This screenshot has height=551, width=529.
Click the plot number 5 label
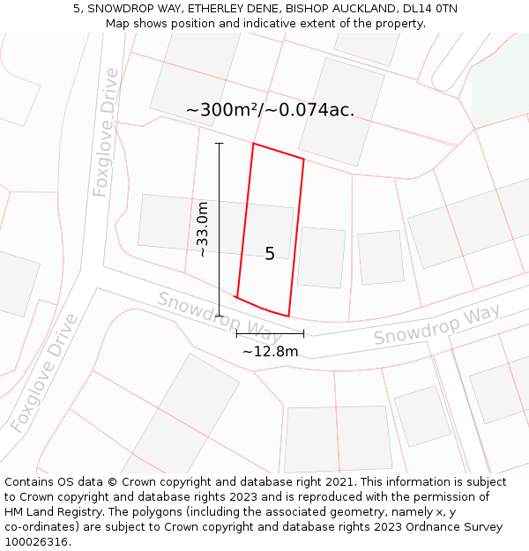point(270,254)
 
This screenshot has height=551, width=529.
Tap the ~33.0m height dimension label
point(203,229)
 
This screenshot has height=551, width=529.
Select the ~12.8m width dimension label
point(270,351)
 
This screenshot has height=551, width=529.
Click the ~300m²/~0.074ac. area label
point(270,110)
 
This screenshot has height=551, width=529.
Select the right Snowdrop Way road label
point(436,324)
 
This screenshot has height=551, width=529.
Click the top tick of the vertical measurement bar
point(220,143)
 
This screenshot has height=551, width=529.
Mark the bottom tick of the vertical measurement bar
point(220,316)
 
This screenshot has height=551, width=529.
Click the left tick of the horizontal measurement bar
point(236,334)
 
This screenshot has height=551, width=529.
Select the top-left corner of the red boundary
point(254,144)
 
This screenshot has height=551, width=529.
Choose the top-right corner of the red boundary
point(303,159)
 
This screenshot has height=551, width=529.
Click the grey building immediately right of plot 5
point(321,257)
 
